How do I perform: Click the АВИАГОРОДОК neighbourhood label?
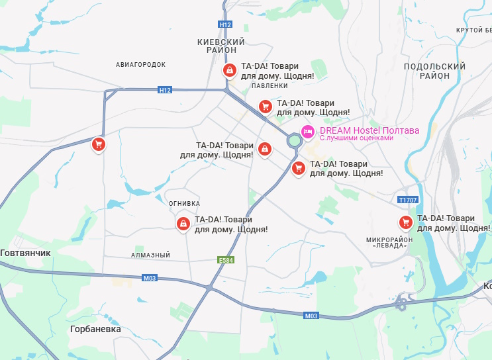click(x=140, y=64)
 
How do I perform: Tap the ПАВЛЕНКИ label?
click(x=270, y=85)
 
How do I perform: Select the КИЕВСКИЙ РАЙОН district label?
click(x=221, y=46)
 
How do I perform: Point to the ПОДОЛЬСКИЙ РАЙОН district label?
click(x=434, y=71)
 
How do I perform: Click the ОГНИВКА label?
click(x=185, y=203)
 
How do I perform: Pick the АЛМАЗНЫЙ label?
click(x=151, y=255)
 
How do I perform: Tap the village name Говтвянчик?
click(x=25, y=253)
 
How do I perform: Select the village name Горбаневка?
click(x=95, y=328)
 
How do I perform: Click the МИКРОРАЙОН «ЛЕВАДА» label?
click(x=389, y=242)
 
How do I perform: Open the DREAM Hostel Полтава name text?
click(x=369, y=130)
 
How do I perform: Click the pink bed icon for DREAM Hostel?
click(x=308, y=132)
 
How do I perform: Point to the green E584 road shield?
click(x=226, y=261)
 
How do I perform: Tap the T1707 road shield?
click(x=408, y=199)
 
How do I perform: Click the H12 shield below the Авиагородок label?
click(x=165, y=90)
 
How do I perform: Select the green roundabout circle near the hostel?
click(x=294, y=140)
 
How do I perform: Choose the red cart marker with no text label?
click(x=98, y=144)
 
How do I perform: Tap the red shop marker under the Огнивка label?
click(x=182, y=223)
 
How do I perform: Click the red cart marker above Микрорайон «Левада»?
click(x=405, y=222)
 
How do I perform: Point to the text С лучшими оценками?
click(x=356, y=138)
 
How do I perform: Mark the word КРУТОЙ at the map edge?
click(x=469, y=30)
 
